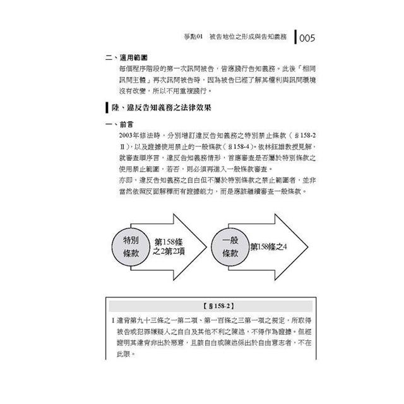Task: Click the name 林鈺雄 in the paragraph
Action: (x=270, y=146)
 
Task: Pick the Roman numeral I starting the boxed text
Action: (x=110, y=321)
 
